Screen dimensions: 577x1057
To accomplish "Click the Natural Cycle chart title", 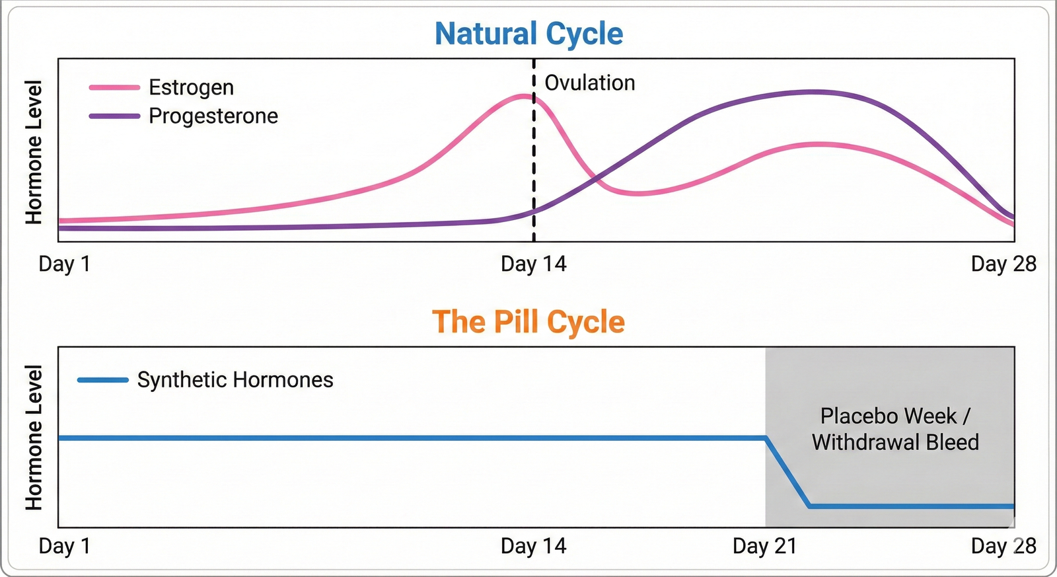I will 528,34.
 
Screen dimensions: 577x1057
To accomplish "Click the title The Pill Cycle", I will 528,322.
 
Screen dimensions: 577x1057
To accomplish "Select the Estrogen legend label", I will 191,87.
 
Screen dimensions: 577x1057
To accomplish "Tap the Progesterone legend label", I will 213,116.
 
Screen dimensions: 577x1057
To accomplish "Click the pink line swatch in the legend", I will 114,87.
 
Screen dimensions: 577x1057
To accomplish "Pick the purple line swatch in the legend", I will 114,116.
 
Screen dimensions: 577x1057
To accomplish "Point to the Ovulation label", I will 589,83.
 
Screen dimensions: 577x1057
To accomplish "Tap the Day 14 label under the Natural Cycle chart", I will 533,264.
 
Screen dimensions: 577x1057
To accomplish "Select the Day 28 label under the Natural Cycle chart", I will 1003,264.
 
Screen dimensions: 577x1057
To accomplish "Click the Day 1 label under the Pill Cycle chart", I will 64,546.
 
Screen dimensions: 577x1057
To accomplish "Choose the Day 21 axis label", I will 764,546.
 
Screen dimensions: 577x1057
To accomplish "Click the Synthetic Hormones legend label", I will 235,380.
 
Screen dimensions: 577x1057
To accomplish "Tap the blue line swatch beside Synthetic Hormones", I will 102,380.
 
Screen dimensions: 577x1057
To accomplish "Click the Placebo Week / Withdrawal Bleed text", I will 895,429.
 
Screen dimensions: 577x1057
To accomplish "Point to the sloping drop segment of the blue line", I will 787,472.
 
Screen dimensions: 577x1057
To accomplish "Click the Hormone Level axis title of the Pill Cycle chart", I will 34,438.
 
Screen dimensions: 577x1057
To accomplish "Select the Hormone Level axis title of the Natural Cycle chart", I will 34,152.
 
